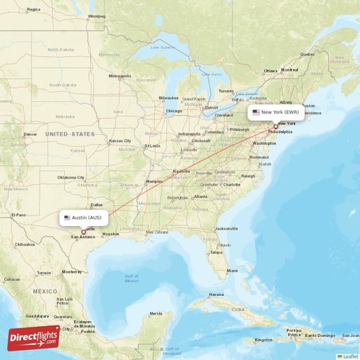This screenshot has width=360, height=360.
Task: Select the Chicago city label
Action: pyautogui.click(x=174, y=111)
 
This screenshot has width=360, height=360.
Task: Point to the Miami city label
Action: pyautogui.click(x=232, y=271)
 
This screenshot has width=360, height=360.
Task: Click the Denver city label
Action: pyautogui.click(x=30, y=134)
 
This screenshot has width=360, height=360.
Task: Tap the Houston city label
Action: pyautogui.click(x=111, y=234)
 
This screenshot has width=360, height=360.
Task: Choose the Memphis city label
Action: pyautogui.click(x=154, y=181)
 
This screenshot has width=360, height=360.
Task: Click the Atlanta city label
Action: pyautogui.click(x=200, y=196)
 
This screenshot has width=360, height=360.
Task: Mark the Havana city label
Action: pyautogui.click(x=216, y=294)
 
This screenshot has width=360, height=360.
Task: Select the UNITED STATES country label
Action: pyautogui.click(x=70, y=134)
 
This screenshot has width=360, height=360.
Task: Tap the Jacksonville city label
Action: pyautogui.click(x=226, y=228)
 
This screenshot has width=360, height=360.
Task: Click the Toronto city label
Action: pyautogui.click(x=226, y=91)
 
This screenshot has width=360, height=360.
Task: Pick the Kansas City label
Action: pyautogui.click(x=120, y=140)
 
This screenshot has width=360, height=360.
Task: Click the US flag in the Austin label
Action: pyautogui.click(x=67, y=217)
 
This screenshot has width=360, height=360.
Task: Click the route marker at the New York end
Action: pyautogui.click(x=275, y=126)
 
